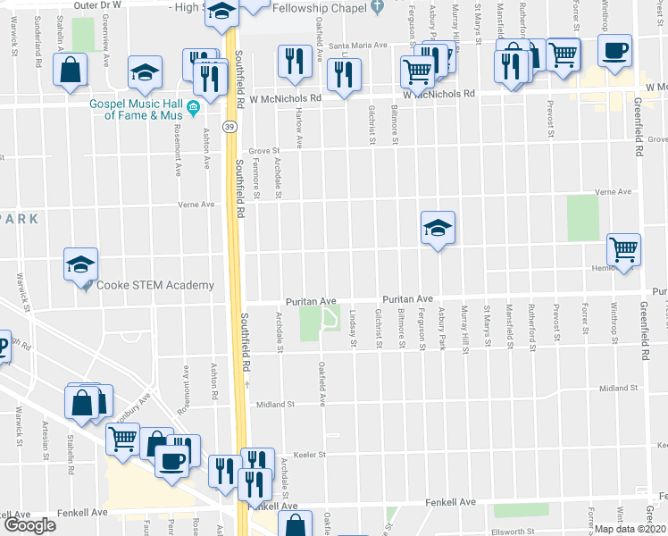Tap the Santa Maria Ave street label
(358, 46)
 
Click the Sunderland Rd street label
(38, 50)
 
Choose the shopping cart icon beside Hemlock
(622, 248)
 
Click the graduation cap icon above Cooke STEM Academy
(79, 264)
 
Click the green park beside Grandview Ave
(84, 34)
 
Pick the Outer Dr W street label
(97, 5)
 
